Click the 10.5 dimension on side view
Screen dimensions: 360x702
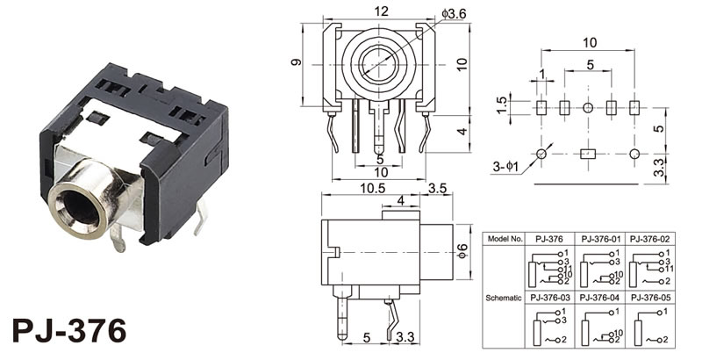[348, 188]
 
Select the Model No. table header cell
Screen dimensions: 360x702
[505, 238]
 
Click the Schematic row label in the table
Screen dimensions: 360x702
[505, 299]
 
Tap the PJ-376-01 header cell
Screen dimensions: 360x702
[600, 238]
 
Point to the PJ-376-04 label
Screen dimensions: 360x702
[600, 298]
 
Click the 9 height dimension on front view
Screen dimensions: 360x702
[297, 62]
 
